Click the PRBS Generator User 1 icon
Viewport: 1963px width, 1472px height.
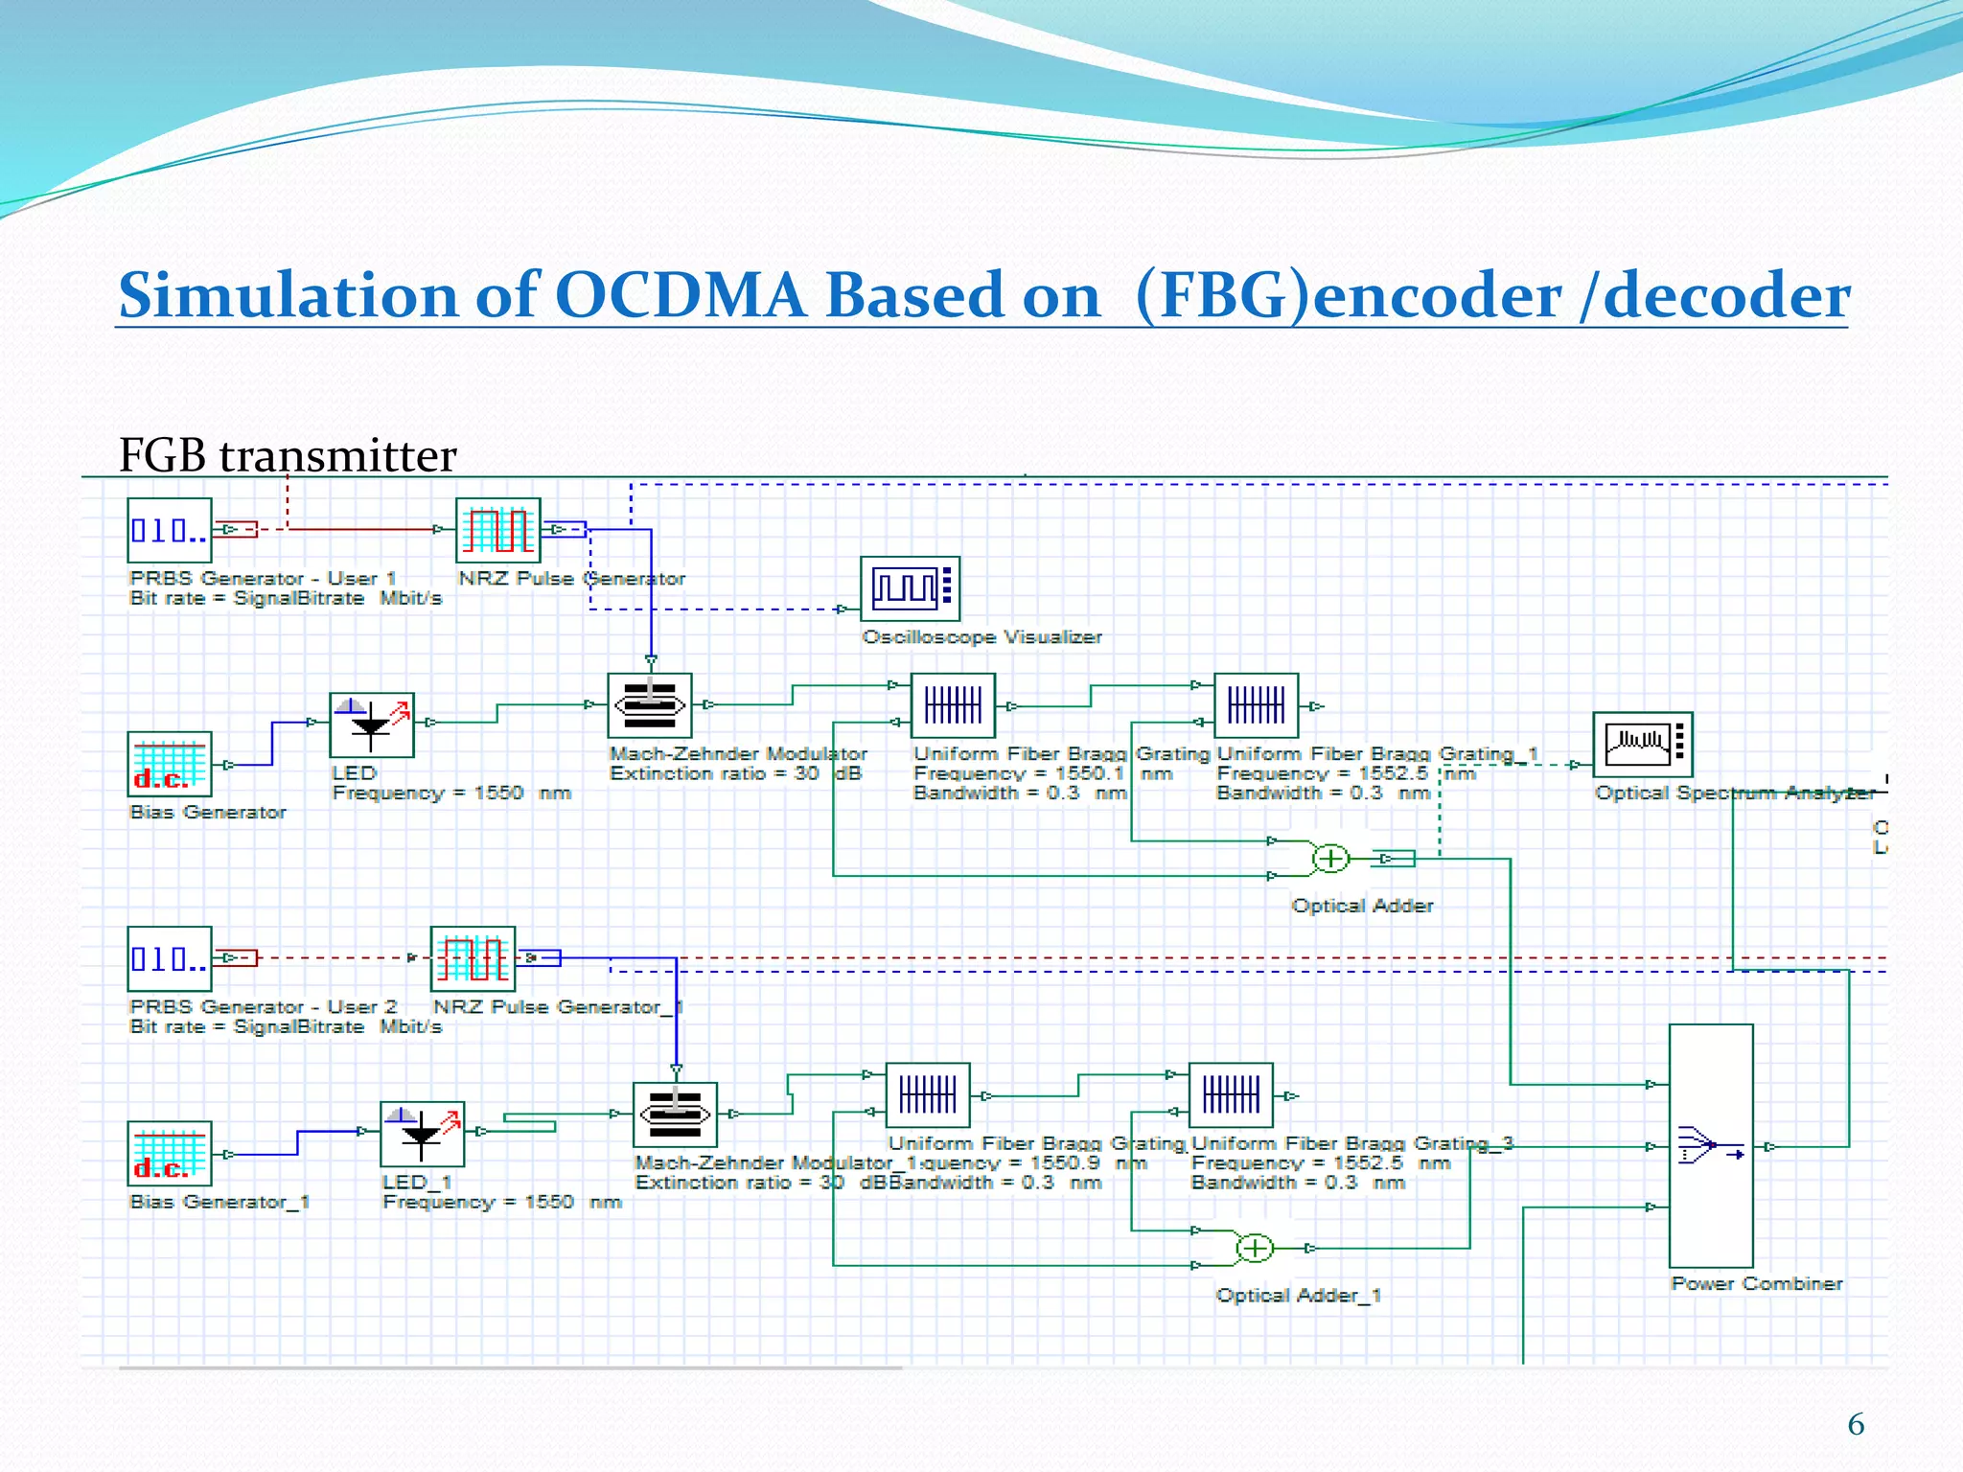[170, 530]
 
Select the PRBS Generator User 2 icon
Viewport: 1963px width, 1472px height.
[170, 958]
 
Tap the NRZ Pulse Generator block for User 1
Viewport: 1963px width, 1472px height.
[497, 530]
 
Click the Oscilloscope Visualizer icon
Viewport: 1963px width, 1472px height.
[910, 588]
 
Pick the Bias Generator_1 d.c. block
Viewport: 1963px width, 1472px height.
[170, 1153]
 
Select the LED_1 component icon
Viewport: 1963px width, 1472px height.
[423, 1134]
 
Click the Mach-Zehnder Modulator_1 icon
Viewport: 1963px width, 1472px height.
[675, 1115]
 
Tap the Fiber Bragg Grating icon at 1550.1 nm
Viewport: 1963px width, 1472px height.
[953, 706]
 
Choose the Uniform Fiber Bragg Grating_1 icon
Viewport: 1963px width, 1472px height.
[1256, 706]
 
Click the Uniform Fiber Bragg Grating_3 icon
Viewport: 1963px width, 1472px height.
[1231, 1095]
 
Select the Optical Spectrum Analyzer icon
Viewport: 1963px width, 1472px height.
[1643, 744]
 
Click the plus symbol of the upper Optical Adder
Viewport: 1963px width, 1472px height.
[1330, 858]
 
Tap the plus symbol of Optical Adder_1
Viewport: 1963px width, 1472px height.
[1255, 1248]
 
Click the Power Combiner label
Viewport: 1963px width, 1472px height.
[1756, 1283]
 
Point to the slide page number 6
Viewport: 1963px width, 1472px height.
[1856, 1424]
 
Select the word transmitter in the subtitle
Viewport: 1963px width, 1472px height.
[337, 455]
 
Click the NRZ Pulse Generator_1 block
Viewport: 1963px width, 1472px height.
[473, 958]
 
